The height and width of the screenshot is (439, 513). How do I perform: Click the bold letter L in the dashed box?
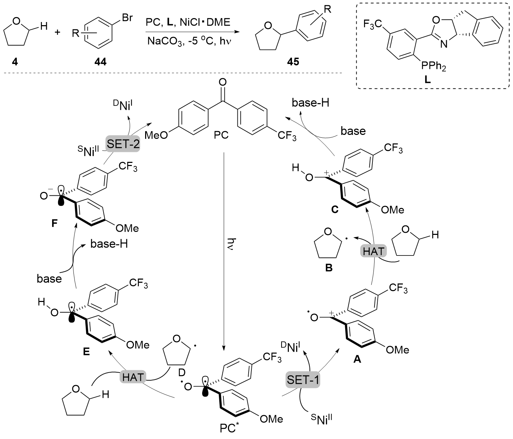[427, 80]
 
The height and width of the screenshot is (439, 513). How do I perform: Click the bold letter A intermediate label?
[357, 359]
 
